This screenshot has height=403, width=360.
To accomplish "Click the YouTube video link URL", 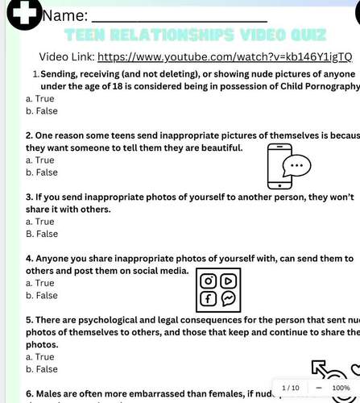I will (x=224, y=56).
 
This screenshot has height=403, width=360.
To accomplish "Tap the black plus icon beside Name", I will (x=23, y=14).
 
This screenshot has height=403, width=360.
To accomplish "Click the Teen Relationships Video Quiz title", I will (x=196, y=35).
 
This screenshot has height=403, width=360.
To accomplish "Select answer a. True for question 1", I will (x=40, y=98).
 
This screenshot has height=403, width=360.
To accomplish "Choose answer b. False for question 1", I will (x=42, y=111).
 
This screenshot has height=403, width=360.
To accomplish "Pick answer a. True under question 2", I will (x=40, y=160).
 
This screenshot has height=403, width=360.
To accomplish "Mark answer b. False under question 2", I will (x=42, y=172).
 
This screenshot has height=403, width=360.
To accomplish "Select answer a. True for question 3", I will (x=40, y=222).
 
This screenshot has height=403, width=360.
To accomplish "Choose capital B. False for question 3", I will (x=42, y=234).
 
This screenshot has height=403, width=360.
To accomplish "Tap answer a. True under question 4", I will (x=40, y=283).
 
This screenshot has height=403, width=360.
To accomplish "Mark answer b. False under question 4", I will (x=42, y=296).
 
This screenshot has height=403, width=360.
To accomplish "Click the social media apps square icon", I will (x=218, y=290).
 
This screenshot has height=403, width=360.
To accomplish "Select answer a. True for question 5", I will (x=40, y=356).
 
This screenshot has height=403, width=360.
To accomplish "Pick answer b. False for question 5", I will (x=42, y=369).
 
